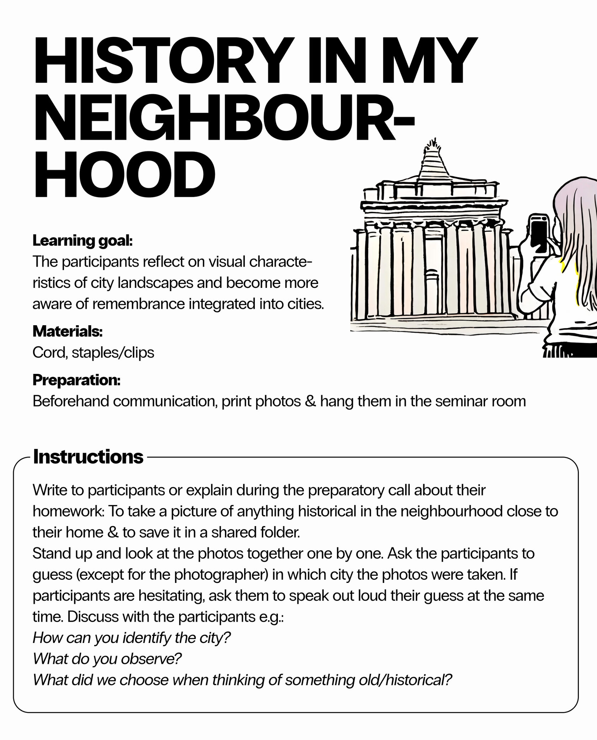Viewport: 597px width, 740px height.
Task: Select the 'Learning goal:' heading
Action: [82, 241]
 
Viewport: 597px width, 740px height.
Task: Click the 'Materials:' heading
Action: [68, 331]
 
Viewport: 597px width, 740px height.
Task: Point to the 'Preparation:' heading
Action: [76, 380]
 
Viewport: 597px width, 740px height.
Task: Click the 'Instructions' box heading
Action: [88, 457]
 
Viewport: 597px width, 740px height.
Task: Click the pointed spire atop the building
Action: [431, 160]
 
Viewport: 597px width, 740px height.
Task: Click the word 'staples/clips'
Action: [113, 353]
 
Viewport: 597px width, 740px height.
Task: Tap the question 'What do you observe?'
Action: [107, 659]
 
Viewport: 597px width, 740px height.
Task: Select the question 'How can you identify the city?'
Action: [132, 638]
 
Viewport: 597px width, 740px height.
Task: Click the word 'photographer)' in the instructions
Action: [221, 575]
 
